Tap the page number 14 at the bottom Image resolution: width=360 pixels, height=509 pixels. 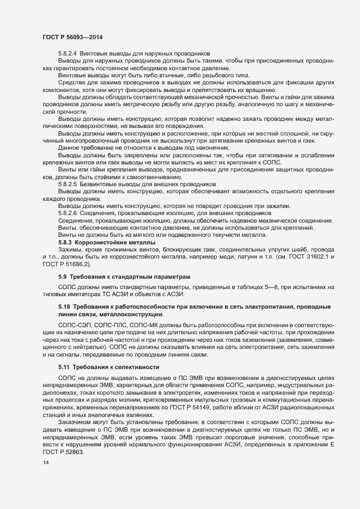(x=46, y=462)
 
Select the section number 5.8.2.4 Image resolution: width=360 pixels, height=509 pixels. (x=68, y=53)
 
